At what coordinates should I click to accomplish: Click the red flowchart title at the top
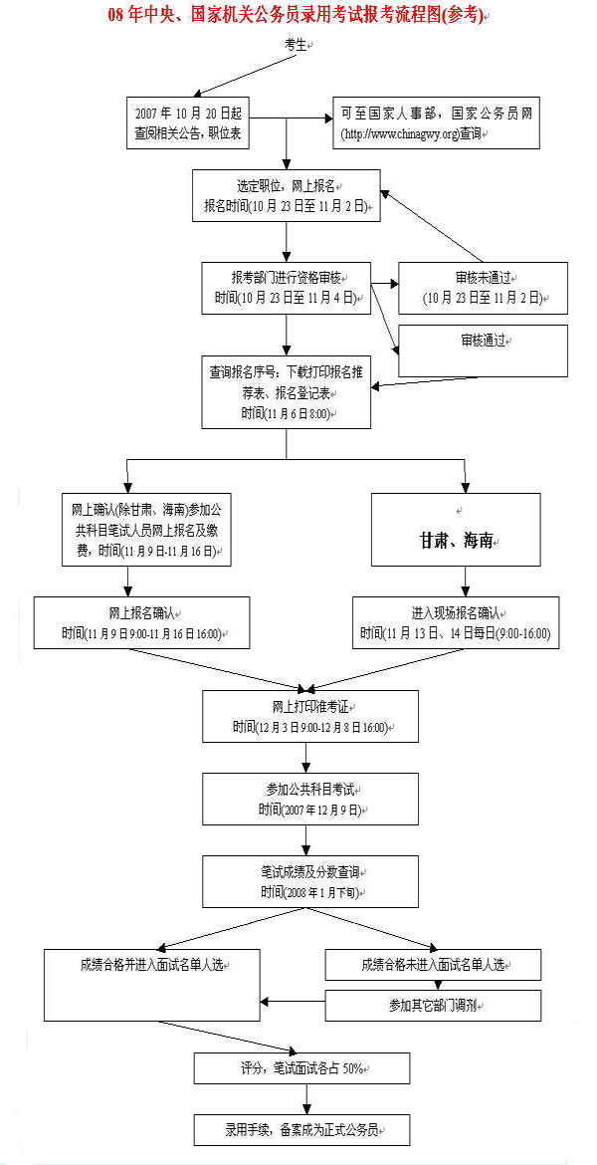pos(298,17)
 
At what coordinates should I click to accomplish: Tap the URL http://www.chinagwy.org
pos(399,132)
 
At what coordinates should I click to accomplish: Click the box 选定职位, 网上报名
pos(286,195)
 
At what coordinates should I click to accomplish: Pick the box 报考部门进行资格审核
pos(286,287)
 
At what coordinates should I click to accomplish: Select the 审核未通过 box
pos(483,288)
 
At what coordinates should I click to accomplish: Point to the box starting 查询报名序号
pos(286,392)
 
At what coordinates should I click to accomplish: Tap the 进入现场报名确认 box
pos(456,623)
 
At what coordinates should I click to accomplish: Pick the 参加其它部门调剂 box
pos(434,1005)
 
